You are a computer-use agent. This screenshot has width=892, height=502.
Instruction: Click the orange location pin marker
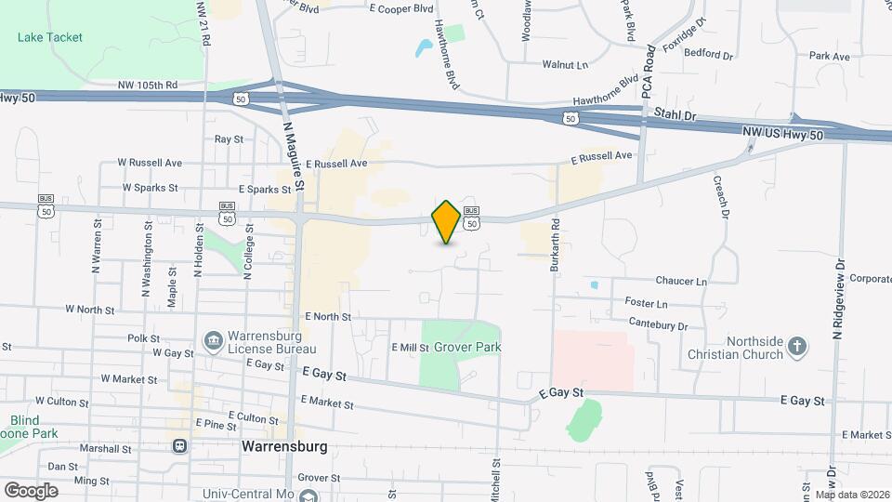(446, 222)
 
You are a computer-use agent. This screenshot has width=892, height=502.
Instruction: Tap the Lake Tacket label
(50, 37)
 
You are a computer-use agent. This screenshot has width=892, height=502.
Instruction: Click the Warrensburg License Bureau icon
(214, 341)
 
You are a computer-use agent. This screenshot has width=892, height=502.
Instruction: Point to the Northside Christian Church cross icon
(796, 349)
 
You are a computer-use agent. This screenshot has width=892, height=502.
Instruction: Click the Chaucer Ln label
(681, 281)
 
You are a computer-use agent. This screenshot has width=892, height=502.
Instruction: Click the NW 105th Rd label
(148, 86)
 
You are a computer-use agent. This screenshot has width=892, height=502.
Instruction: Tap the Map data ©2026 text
(852, 495)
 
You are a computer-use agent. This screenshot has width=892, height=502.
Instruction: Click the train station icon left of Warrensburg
(179, 445)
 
